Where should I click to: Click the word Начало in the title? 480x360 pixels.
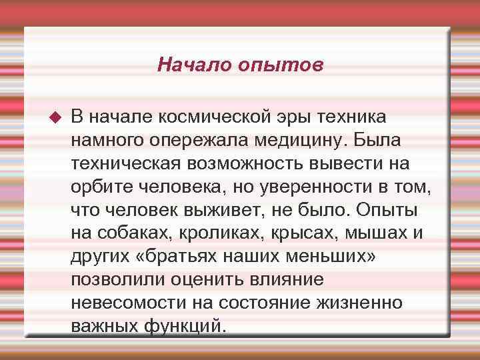click(189, 65)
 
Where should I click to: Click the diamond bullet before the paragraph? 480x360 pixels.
click(55, 118)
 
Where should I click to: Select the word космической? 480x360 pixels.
click(215, 117)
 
